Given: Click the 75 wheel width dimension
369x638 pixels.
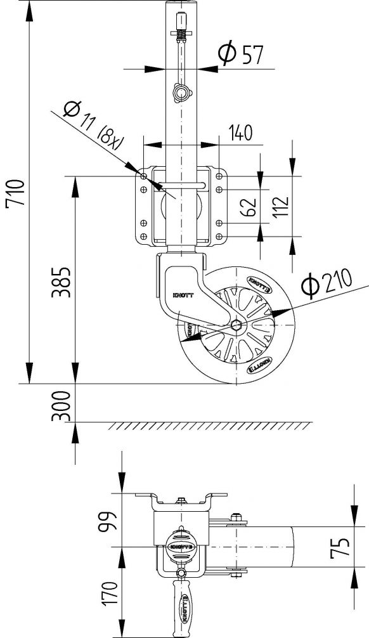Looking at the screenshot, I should click(x=340, y=547).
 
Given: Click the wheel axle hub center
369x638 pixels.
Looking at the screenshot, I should click(x=237, y=325).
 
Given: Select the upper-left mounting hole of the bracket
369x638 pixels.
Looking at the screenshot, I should click(x=144, y=176).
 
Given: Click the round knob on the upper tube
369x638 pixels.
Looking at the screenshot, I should click(x=181, y=94).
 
